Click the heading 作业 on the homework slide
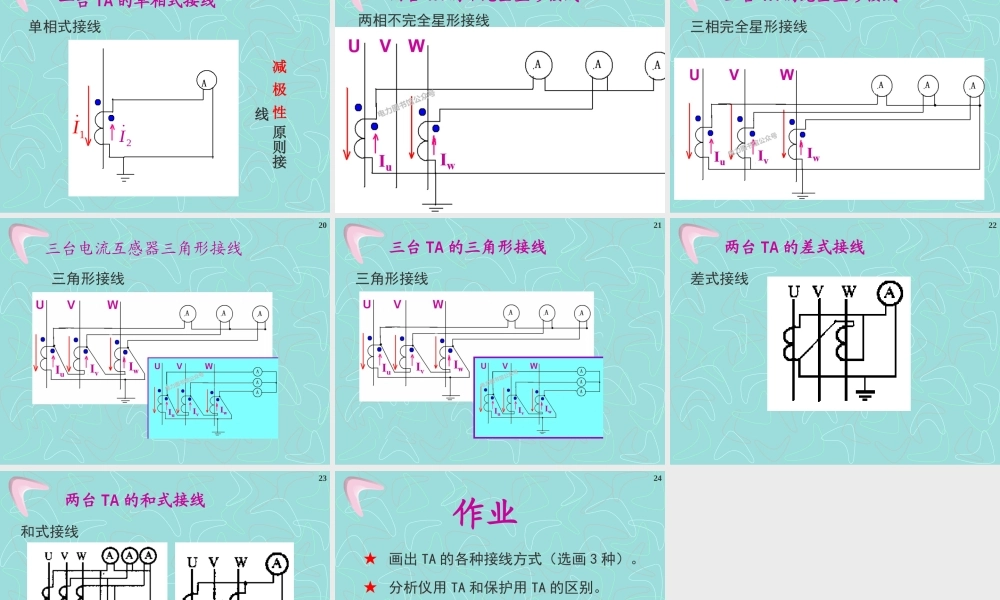pyautogui.click(x=485, y=513)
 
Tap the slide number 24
pyautogui.click(x=658, y=478)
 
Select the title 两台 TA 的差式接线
pyautogui.click(x=794, y=247)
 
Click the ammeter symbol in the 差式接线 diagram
pyautogui.click(x=889, y=293)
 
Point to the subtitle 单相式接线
pyautogui.click(x=65, y=27)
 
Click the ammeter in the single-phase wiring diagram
pyautogui.click(x=206, y=80)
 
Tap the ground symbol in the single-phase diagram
pyautogui.click(x=125, y=178)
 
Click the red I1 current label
pyautogui.click(x=78, y=128)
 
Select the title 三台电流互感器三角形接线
pyautogui.click(x=144, y=248)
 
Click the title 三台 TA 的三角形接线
pyautogui.click(x=467, y=247)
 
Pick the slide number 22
pyautogui.click(x=992, y=225)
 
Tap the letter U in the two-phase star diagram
pyautogui.click(x=354, y=46)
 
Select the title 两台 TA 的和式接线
pyautogui.click(x=135, y=500)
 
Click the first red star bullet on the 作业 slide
pyautogui.click(x=370, y=559)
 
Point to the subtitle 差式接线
pyautogui.click(x=719, y=279)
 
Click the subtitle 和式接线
pyautogui.click(x=50, y=532)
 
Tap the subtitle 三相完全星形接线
pyautogui.click(x=749, y=27)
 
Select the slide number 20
pyautogui.click(x=322, y=225)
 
